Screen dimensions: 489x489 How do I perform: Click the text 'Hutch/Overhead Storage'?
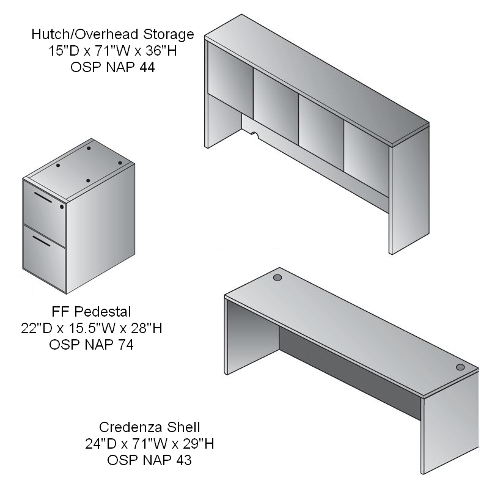coord(112,34)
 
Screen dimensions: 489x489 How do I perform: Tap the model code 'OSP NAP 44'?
coord(112,67)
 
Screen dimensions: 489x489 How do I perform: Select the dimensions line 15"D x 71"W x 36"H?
coord(112,51)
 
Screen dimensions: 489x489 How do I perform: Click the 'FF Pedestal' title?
coord(91,312)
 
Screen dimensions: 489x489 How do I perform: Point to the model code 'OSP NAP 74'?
coord(91,345)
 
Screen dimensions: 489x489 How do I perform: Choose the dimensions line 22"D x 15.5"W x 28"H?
coord(91,328)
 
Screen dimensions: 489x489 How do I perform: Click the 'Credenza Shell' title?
coord(149,427)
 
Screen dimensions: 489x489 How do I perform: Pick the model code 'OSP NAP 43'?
coord(149,460)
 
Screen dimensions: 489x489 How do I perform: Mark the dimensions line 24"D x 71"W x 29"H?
coord(149,444)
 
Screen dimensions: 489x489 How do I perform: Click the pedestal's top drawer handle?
coord(43,197)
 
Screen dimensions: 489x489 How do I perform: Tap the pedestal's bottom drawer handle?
coord(42,241)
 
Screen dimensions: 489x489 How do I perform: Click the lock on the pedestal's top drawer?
coord(62,207)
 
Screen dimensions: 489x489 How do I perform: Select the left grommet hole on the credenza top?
coord(278,278)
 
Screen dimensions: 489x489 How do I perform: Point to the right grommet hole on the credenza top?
coord(460,367)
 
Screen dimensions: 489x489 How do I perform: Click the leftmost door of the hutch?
coord(230,70)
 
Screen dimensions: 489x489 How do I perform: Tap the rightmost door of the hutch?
coord(366,159)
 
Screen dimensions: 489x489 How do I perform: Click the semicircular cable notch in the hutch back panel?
coord(255,134)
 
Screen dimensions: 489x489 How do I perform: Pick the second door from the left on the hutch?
coord(276,97)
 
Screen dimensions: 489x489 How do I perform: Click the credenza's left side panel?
coord(252,337)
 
